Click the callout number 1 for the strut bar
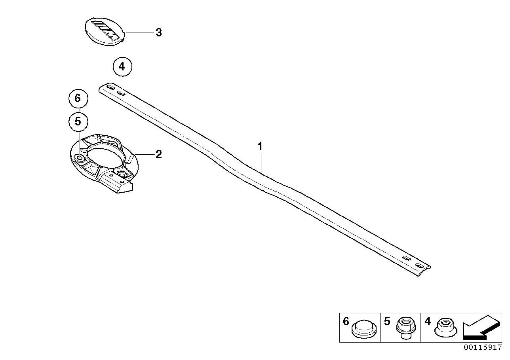click(x=260, y=146)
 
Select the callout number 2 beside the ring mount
click(x=158, y=154)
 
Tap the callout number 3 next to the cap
click(x=158, y=32)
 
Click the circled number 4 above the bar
click(x=122, y=67)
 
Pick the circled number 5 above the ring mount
click(x=78, y=121)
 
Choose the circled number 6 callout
click(x=78, y=98)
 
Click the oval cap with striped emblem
click(x=105, y=32)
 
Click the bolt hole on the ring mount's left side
click(x=79, y=157)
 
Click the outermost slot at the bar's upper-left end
click(x=110, y=87)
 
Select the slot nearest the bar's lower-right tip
click(x=419, y=265)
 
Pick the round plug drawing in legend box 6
click(x=364, y=329)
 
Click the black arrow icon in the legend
click(x=482, y=328)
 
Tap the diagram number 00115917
click(x=483, y=347)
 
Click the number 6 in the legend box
click(x=346, y=321)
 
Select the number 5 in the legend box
click(x=387, y=321)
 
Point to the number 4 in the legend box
click(x=428, y=321)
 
